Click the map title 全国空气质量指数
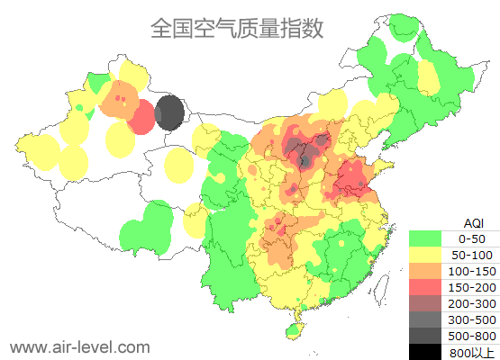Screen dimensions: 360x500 (x=236, y=28)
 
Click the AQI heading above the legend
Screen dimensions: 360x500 (x=473, y=222)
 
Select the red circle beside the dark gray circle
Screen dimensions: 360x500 (x=141, y=117)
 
